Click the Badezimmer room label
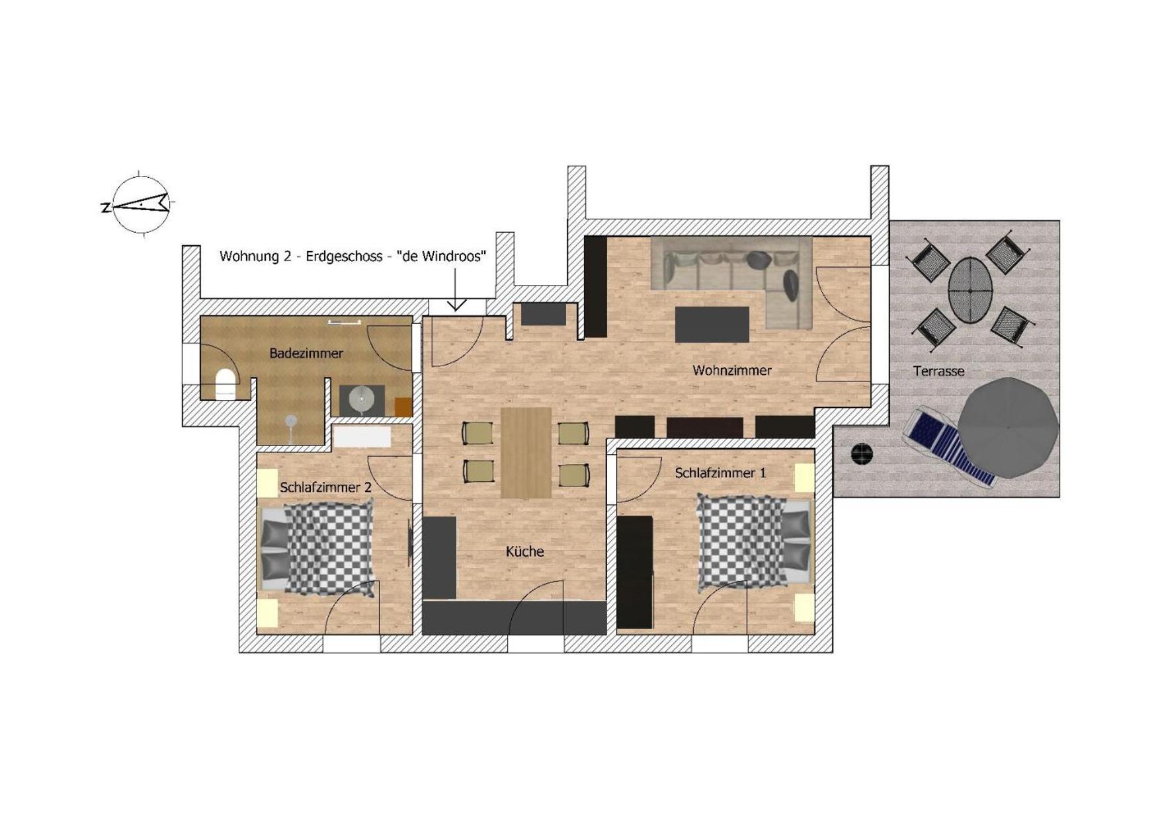pos(306,354)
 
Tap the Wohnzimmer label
pos(731,371)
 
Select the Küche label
pos(524,551)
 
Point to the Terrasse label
pos(938,371)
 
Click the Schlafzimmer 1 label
pos(720,473)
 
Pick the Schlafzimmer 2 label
pos(325,488)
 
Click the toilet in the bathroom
pos(226,384)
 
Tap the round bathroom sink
pos(361,399)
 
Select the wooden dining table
pos(526,452)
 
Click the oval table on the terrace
pos(970,290)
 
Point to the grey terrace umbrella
pos(1007,428)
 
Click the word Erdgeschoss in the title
pos(343,256)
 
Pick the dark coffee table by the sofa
pos(712,325)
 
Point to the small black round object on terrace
pos(861,453)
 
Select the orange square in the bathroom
pos(403,407)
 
